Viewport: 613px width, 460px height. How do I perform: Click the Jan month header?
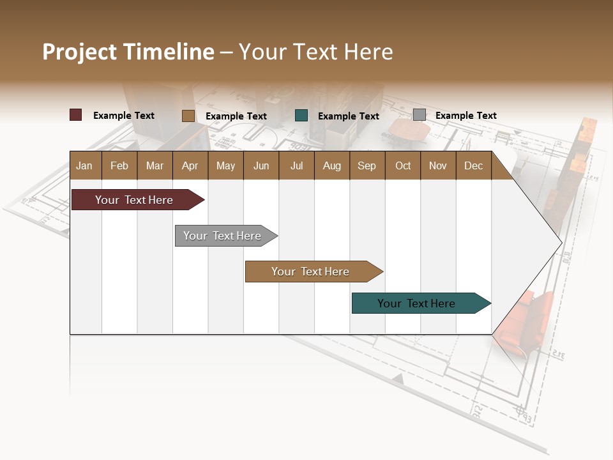coord(85,165)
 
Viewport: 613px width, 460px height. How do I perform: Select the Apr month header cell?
coord(190,165)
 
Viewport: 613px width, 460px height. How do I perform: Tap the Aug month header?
coord(332,165)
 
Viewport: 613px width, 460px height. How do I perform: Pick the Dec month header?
coord(473,165)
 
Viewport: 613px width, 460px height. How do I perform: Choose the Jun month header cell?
coord(261,165)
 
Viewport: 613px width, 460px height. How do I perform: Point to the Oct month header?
coord(403,165)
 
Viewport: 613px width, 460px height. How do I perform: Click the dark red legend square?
coord(75,115)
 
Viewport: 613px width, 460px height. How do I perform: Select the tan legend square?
coord(188,116)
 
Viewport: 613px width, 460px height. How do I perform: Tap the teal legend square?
coord(301,116)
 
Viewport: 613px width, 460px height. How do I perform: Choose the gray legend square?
coord(419,115)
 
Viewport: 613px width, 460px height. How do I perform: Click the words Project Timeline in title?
coord(128,52)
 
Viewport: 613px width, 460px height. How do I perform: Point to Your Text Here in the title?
coord(316,52)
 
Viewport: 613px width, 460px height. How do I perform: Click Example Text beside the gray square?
coord(465,116)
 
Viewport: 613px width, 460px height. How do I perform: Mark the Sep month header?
coord(367,165)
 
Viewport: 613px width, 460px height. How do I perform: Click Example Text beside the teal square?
coord(348,116)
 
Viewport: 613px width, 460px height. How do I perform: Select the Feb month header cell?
coord(119,165)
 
